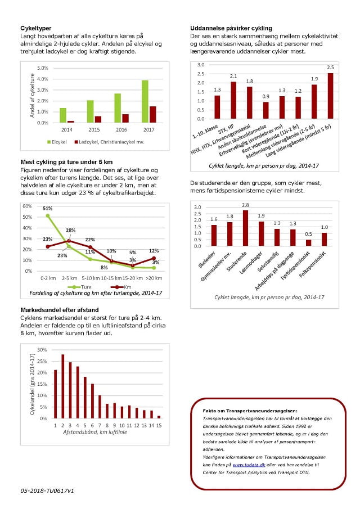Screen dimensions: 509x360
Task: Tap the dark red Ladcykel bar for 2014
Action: (70, 121)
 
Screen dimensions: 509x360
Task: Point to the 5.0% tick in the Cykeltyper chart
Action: (43, 68)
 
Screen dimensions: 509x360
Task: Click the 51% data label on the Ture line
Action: (47, 209)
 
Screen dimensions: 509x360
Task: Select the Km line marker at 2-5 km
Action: (69, 241)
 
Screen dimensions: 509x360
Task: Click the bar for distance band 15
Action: (159, 417)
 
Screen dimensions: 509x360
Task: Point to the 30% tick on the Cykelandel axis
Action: (41, 349)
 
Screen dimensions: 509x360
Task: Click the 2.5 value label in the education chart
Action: (330, 67)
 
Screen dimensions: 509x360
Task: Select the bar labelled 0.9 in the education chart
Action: (266, 110)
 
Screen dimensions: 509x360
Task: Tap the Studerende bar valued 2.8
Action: (245, 228)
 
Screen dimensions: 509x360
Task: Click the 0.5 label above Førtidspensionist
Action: (308, 234)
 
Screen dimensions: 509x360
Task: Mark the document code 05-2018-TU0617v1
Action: (48, 491)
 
